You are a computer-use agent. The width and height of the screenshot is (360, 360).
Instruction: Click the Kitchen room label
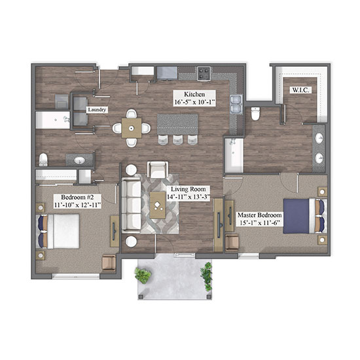coord(194,94)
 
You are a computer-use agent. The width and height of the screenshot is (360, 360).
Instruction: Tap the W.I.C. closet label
coord(300,90)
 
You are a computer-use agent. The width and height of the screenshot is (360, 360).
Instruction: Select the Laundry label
coord(97,110)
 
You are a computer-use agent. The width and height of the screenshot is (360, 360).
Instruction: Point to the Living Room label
coord(189,189)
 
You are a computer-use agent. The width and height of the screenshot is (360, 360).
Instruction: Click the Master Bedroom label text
coord(259,215)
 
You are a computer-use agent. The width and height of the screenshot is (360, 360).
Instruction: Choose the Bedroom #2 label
coord(77,197)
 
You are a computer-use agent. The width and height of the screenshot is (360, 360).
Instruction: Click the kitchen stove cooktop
coord(204,73)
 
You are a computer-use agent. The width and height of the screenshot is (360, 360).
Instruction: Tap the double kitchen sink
coord(236,105)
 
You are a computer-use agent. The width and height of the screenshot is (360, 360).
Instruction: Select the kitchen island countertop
coord(177,124)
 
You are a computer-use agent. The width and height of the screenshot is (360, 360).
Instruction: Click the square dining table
coord(132,128)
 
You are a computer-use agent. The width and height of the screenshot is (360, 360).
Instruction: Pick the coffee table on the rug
coord(157,206)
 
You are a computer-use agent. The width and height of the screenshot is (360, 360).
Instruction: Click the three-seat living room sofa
coord(131,206)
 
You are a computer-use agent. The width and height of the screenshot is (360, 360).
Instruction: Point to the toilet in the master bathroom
coord(255,114)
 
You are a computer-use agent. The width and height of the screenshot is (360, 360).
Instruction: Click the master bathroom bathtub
coord(234,155)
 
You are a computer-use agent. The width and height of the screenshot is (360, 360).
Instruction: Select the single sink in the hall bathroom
coord(79,160)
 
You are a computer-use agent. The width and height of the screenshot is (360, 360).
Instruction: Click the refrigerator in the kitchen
coord(167,73)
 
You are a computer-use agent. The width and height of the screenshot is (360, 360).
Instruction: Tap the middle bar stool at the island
coord(177,140)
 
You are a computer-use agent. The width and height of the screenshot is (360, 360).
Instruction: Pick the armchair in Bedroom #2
coord(109,263)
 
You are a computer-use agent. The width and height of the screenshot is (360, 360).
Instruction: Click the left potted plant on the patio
coord(143,275)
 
